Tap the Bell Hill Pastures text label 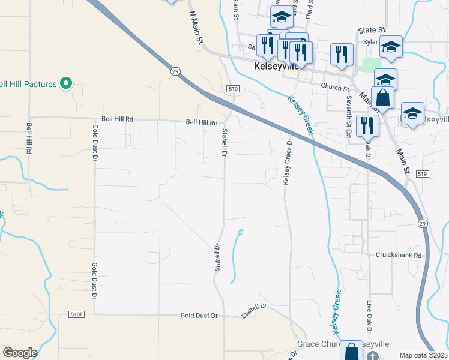tap(28, 84)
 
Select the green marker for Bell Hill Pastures tap(67, 83)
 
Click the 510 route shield tap(234, 89)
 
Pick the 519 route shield tap(422, 174)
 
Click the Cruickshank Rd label tap(399, 254)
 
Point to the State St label tap(372, 30)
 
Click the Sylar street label tap(371, 42)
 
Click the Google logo tap(20, 353)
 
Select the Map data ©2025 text tap(423, 355)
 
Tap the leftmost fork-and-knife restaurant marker tap(266, 44)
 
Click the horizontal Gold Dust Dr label tap(201, 315)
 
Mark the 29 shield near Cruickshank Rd tap(423, 223)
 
